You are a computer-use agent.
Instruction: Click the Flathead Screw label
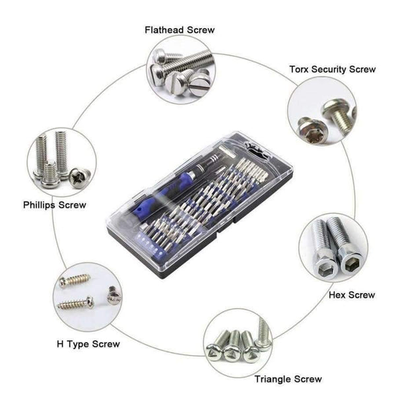pos(180,30)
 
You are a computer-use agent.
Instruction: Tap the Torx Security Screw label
pos(333,69)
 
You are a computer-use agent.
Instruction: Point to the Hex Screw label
pos(351,294)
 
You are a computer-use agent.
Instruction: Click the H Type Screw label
pos(88,344)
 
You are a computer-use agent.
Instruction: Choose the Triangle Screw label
pos(288,379)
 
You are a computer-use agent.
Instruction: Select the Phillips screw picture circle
pos(61,162)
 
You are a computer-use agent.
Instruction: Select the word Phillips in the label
pos(39,205)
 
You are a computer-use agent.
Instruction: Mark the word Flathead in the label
pos(165,30)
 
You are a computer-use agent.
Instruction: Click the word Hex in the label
pos(337,294)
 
